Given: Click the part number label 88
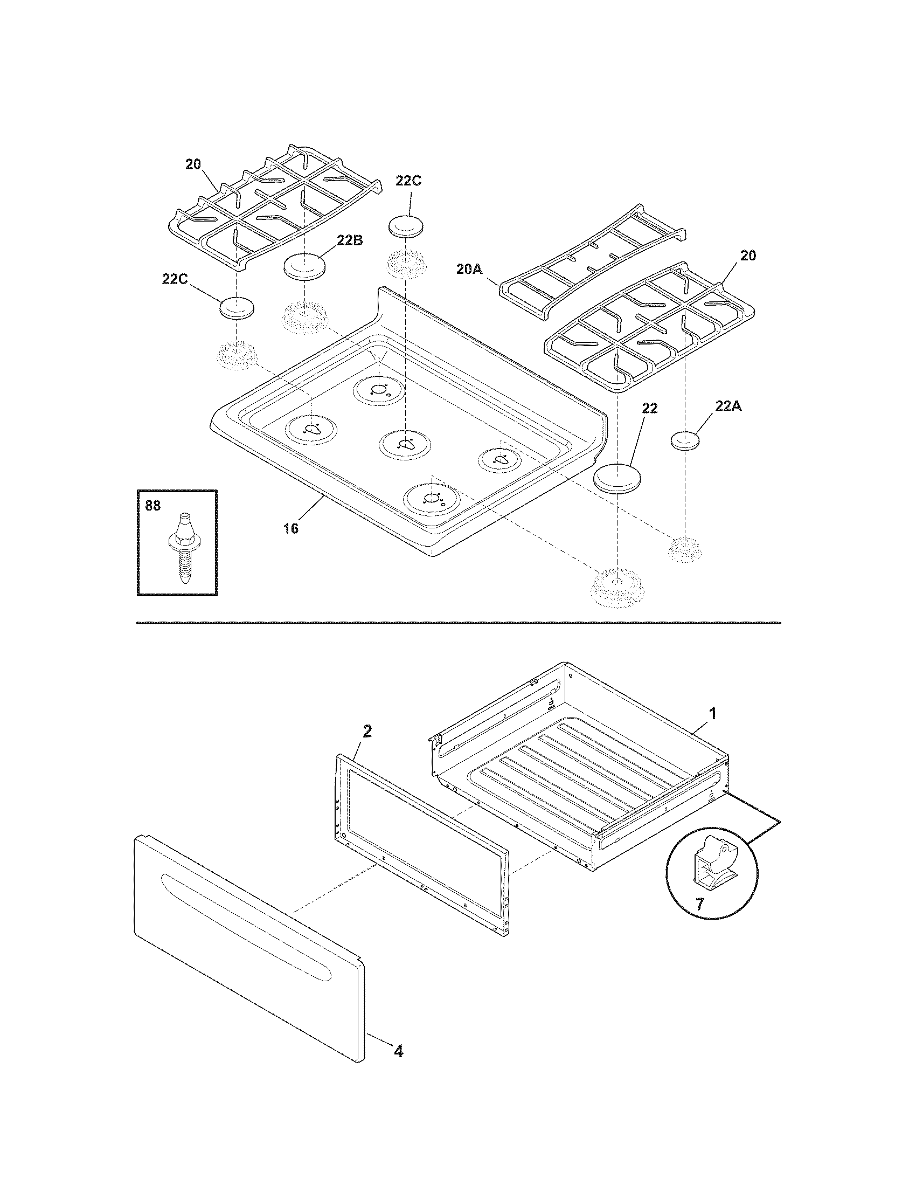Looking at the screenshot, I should coord(153,506).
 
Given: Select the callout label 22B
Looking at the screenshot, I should coord(350,240).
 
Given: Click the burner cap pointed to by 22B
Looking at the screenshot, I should coord(306,267).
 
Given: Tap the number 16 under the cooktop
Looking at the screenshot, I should coord(291,528).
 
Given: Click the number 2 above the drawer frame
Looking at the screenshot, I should coord(367,732).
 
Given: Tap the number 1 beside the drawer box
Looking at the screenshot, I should coord(713,713).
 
